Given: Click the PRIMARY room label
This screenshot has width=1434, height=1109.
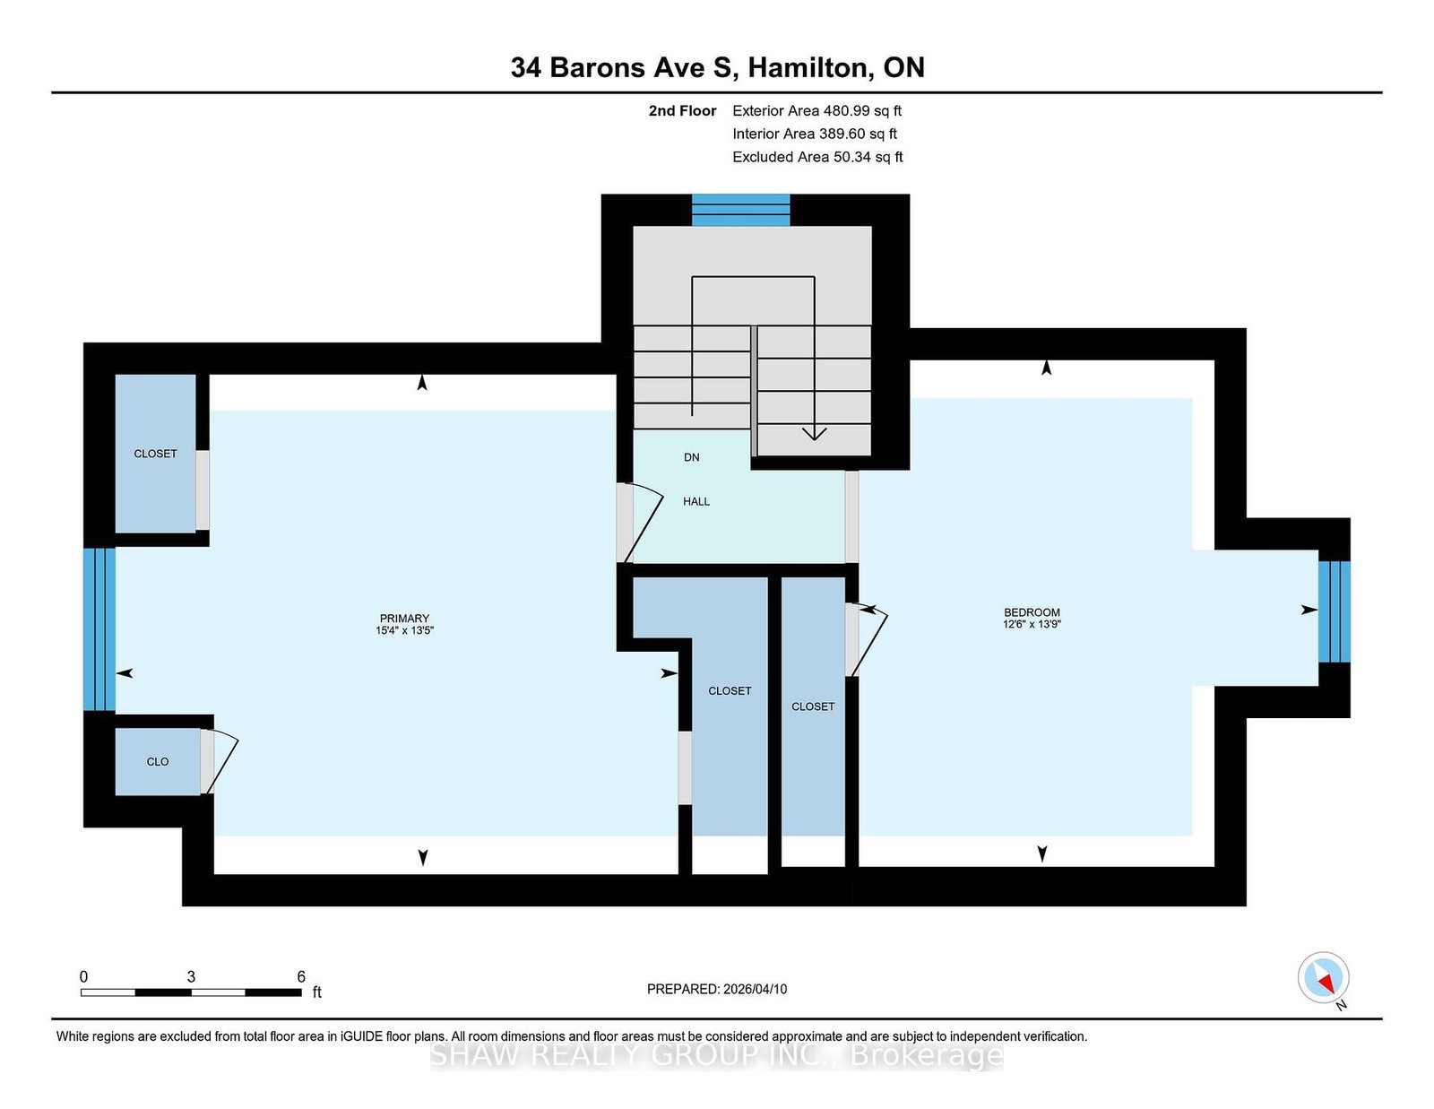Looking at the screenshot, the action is click(x=404, y=619).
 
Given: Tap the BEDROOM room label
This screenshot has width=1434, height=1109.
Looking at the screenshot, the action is click(x=1032, y=612).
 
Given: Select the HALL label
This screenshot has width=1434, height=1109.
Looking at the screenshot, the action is click(x=696, y=502).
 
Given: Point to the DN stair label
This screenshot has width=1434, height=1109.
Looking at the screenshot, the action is click(x=692, y=457).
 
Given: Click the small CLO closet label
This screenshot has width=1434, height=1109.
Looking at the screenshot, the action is click(x=158, y=762).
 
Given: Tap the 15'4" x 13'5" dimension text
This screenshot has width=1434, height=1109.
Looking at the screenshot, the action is click(x=404, y=630).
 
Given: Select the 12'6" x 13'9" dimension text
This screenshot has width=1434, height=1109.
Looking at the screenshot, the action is click(x=1032, y=625).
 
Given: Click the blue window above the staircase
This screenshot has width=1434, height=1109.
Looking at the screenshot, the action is click(x=740, y=210).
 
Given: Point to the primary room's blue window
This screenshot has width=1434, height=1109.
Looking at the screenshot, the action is click(x=99, y=629).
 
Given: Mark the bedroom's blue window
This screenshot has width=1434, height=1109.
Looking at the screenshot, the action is click(x=1335, y=611).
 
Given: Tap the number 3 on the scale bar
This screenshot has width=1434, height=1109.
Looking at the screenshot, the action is click(x=191, y=977).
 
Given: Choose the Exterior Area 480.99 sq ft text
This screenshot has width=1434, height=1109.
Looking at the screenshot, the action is click(x=817, y=111).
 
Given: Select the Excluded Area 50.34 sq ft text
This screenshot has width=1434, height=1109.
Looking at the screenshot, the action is click(x=817, y=157).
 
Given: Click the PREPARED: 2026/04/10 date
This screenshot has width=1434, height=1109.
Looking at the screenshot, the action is click(x=717, y=990).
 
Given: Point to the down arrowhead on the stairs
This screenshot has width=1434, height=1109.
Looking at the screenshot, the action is click(x=815, y=434).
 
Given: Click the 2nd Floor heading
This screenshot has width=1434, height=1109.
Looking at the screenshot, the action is click(x=682, y=111).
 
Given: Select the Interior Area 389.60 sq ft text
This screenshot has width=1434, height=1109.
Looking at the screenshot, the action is click(x=815, y=134).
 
